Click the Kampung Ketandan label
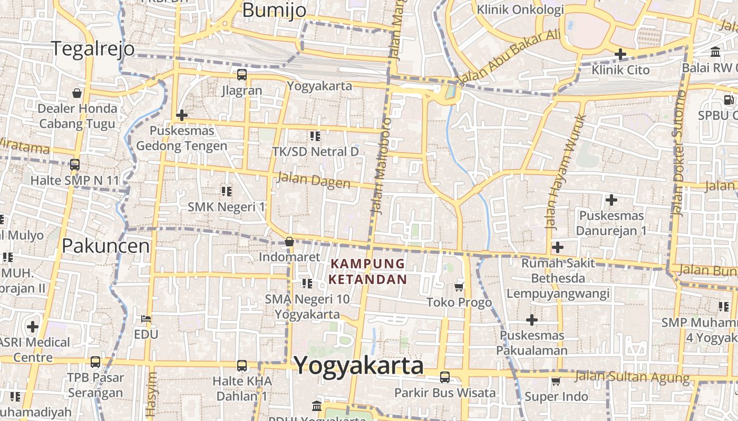tap(368, 271)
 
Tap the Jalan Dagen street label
tap(313, 180)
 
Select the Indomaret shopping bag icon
tap(289, 242)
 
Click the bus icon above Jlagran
tap(241, 75)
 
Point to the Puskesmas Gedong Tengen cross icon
tap(182, 115)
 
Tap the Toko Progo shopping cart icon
tap(459, 287)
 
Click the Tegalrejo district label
tap(93, 48)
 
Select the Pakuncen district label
tap(105, 246)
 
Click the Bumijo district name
tap(274, 9)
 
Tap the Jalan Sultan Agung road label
tap(632, 377)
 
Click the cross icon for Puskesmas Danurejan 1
tap(611, 200)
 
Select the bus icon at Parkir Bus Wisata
tap(445, 377)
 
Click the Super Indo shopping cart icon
tap(556, 381)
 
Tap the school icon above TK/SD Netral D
tap(315, 136)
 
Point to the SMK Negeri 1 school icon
tap(227, 191)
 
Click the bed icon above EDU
tap(146, 319)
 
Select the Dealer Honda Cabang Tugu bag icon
tap(77, 93)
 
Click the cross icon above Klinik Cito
tap(620, 54)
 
